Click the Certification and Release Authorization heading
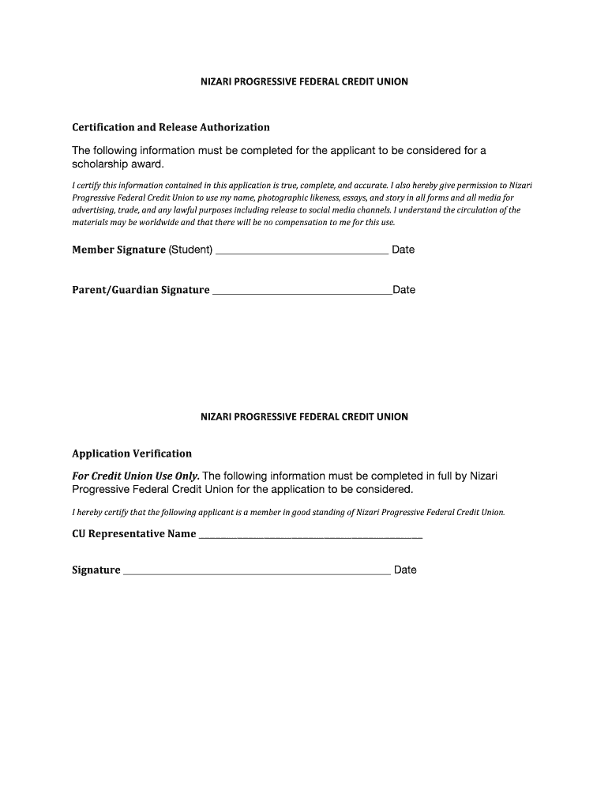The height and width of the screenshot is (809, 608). click(x=171, y=127)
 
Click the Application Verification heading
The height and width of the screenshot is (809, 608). click(x=132, y=453)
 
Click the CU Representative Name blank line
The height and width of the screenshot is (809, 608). click(x=310, y=537)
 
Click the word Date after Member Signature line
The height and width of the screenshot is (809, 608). click(x=403, y=250)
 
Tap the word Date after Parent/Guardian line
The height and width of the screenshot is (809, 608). click(x=403, y=290)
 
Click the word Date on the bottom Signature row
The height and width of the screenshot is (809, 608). click(x=405, y=570)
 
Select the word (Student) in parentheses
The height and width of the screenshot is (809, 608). click(x=190, y=250)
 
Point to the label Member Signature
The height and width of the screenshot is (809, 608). click(x=118, y=250)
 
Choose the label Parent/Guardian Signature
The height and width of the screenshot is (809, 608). click(x=141, y=290)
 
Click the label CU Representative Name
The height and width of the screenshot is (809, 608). click(x=133, y=534)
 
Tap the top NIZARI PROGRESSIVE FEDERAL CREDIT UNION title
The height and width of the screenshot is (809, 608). click(x=304, y=81)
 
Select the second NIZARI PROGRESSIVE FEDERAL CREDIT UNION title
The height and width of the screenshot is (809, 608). click(x=304, y=416)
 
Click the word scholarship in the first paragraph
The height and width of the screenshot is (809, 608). click(x=101, y=164)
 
